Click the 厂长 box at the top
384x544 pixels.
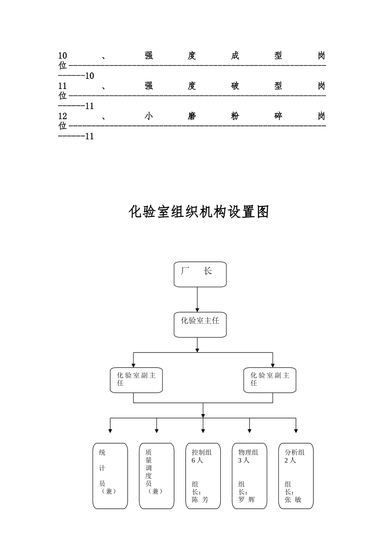200,274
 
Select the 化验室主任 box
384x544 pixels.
200,324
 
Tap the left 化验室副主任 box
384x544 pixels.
136,380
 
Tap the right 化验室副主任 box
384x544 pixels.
270,380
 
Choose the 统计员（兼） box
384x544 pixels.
110,476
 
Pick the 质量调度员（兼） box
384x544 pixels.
156,476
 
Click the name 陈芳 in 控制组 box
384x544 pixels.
200,499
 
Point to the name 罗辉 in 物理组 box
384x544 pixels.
247,499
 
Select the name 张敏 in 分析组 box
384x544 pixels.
293,499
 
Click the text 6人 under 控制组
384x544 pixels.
197,460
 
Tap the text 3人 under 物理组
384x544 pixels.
244,460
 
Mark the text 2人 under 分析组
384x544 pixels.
290,460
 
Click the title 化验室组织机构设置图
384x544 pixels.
199,212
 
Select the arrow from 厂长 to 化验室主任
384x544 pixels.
197,300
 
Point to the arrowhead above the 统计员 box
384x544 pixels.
110,431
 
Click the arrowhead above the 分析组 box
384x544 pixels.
296,431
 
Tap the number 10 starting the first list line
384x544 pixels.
63,55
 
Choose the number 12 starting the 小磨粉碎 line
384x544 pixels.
63,116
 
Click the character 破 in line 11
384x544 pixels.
235,86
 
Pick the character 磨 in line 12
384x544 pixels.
192,116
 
